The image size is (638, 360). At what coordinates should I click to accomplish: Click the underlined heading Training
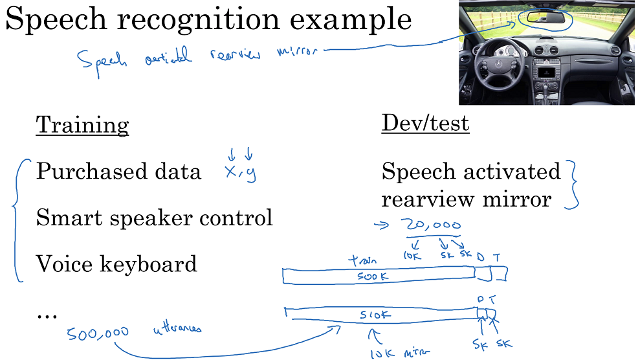coord(82,125)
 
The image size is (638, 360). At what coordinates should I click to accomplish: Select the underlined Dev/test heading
coord(425,123)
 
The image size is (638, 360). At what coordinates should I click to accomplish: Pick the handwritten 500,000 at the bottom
coord(98,333)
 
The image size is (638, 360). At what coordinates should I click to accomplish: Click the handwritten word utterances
coord(177,330)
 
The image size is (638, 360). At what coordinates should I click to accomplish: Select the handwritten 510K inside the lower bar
coord(376,316)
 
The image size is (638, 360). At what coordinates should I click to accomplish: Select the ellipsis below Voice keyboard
coord(47,315)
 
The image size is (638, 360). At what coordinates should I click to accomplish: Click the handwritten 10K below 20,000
coord(412,255)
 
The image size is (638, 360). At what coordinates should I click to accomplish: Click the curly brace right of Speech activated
coord(571,185)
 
